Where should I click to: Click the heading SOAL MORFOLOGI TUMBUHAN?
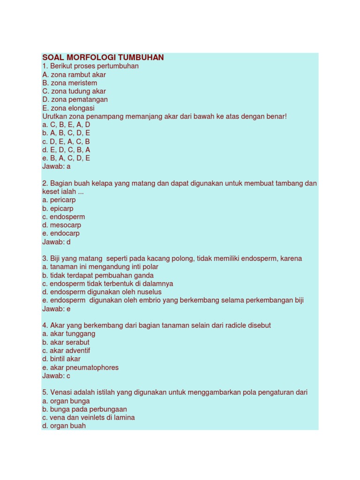[x=103, y=58]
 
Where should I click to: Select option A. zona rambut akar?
[x=74, y=75]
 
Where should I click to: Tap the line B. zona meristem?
[x=69, y=83]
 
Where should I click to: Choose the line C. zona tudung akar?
[x=74, y=91]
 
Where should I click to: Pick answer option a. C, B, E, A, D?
[x=66, y=125]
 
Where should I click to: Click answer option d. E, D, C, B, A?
[x=66, y=150]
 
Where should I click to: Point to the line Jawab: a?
[x=56, y=166]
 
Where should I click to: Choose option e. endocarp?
[x=61, y=233]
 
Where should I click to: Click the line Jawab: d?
[x=56, y=242]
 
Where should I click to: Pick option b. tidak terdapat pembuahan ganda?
[x=97, y=276]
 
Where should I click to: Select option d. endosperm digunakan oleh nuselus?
[x=102, y=292]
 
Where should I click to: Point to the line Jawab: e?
[x=56, y=309]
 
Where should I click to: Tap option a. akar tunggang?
[x=68, y=334]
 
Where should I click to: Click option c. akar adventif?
[x=66, y=351]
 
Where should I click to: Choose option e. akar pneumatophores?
[x=80, y=367]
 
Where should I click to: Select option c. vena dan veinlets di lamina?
[x=88, y=418]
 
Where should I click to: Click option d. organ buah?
[x=64, y=426]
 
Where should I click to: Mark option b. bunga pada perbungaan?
[x=84, y=409]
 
